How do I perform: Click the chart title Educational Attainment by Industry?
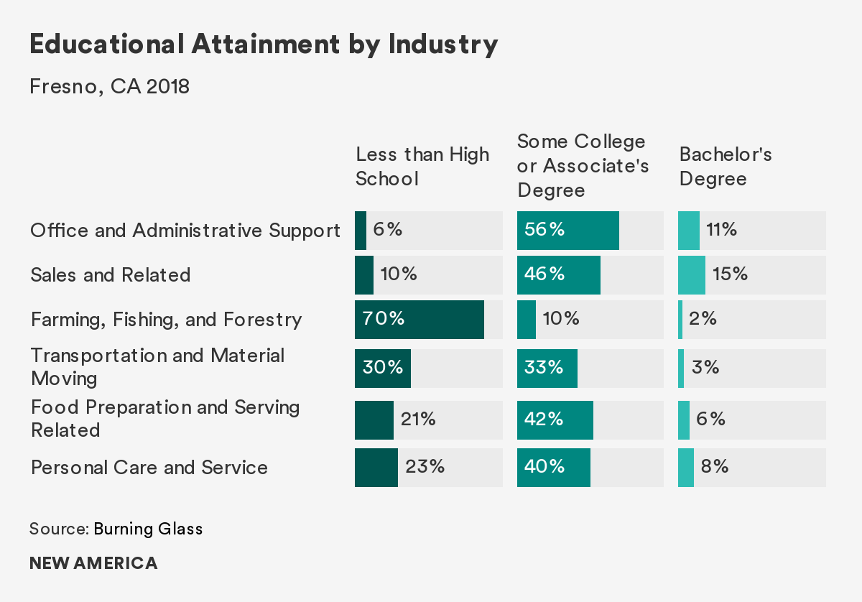(264, 45)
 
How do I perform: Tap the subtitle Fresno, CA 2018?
(109, 87)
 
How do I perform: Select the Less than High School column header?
(422, 166)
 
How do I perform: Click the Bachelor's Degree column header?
(726, 166)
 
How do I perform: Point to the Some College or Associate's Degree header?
(583, 166)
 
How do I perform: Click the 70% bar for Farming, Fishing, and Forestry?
(420, 320)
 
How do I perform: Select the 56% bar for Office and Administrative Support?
(567, 231)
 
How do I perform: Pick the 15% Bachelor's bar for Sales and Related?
(692, 275)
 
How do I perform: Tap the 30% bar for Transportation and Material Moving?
(383, 369)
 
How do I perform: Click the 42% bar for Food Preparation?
(555, 420)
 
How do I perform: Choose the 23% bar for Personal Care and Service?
(376, 468)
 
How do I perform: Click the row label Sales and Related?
(111, 275)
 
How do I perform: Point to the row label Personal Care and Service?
(149, 468)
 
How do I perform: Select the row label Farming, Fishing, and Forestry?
(166, 320)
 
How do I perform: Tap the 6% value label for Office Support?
(388, 230)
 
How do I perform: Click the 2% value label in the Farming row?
(703, 319)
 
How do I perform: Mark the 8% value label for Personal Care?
(715, 467)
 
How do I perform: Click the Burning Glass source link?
(148, 529)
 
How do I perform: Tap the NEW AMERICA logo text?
(93, 563)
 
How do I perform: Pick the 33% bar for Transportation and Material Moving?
(547, 369)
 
